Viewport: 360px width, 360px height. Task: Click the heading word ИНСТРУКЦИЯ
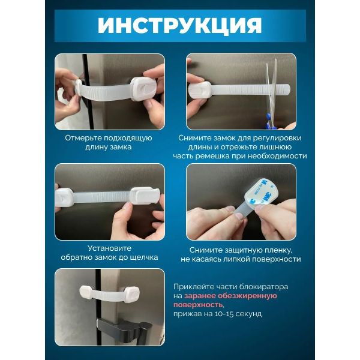coord(180,25)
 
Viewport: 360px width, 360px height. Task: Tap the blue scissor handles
coord(269,121)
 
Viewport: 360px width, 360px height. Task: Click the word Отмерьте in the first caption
coord(83,138)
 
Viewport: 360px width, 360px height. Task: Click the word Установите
coord(110,248)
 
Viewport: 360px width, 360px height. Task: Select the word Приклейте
coord(193,287)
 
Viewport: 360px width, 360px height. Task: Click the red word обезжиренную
coord(247,296)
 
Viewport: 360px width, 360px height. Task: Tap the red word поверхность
coord(198,305)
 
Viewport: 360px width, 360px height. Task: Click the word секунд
coord(249,314)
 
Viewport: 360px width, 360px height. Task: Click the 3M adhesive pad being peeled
coord(260,193)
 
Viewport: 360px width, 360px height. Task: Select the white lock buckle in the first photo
coord(143,88)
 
